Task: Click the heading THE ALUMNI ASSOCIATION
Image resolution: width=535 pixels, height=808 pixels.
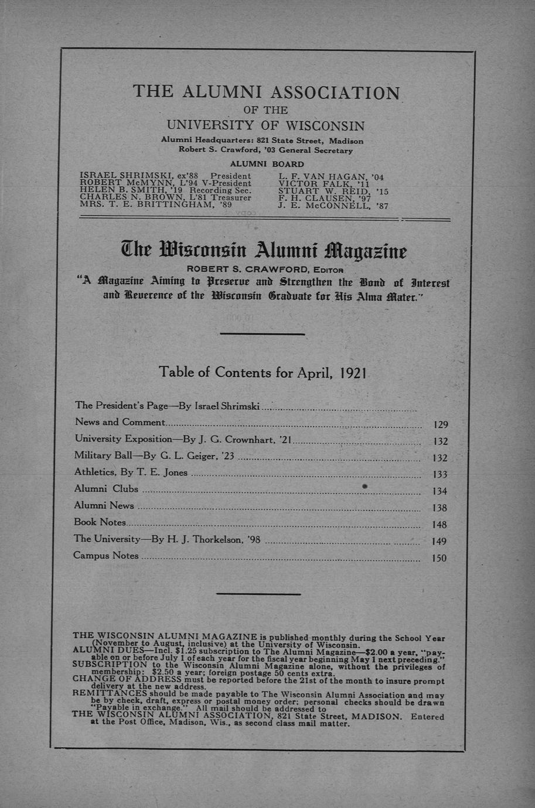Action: pyautogui.click(x=267, y=92)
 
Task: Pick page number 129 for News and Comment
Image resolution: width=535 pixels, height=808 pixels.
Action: pyautogui.click(x=440, y=425)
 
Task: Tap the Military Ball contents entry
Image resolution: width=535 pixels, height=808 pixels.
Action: pyautogui.click(x=154, y=456)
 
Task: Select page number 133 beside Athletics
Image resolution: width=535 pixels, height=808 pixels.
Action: pyautogui.click(x=439, y=475)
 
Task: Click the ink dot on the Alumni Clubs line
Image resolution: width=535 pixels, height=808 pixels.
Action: pyautogui.click(x=364, y=487)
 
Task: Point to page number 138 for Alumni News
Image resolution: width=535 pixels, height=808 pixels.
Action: pyautogui.click(x=439, y=508)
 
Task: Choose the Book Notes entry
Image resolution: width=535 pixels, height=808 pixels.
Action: pyautogui.click(x=100, y=522)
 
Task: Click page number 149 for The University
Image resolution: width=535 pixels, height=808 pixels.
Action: pyautogui.click(x=439, y=542)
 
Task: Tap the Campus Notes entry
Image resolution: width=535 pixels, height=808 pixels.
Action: pyautogui.click(x=106, y=555)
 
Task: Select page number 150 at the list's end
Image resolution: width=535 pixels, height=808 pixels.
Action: pyautogui.click(x=439, y=559)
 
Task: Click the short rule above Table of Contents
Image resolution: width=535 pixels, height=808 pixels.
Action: pyautogui.click(x=262, y=334)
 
